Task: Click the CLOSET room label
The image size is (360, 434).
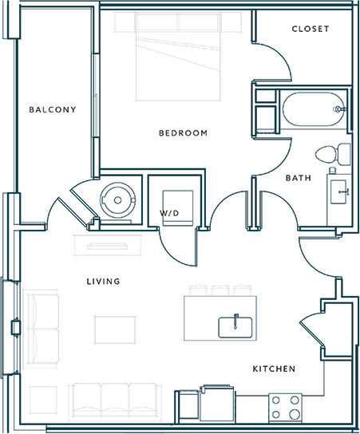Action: point(311,29)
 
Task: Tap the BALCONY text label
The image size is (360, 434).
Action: point(53,109)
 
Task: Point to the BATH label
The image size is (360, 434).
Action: point(298,178)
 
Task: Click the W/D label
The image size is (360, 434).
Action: point(168,213)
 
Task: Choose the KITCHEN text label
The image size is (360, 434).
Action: point(275,369)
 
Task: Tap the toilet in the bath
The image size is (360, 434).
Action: point(330,153)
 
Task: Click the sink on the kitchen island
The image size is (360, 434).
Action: point(235,325)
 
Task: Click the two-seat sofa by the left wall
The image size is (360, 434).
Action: point(42,325)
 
